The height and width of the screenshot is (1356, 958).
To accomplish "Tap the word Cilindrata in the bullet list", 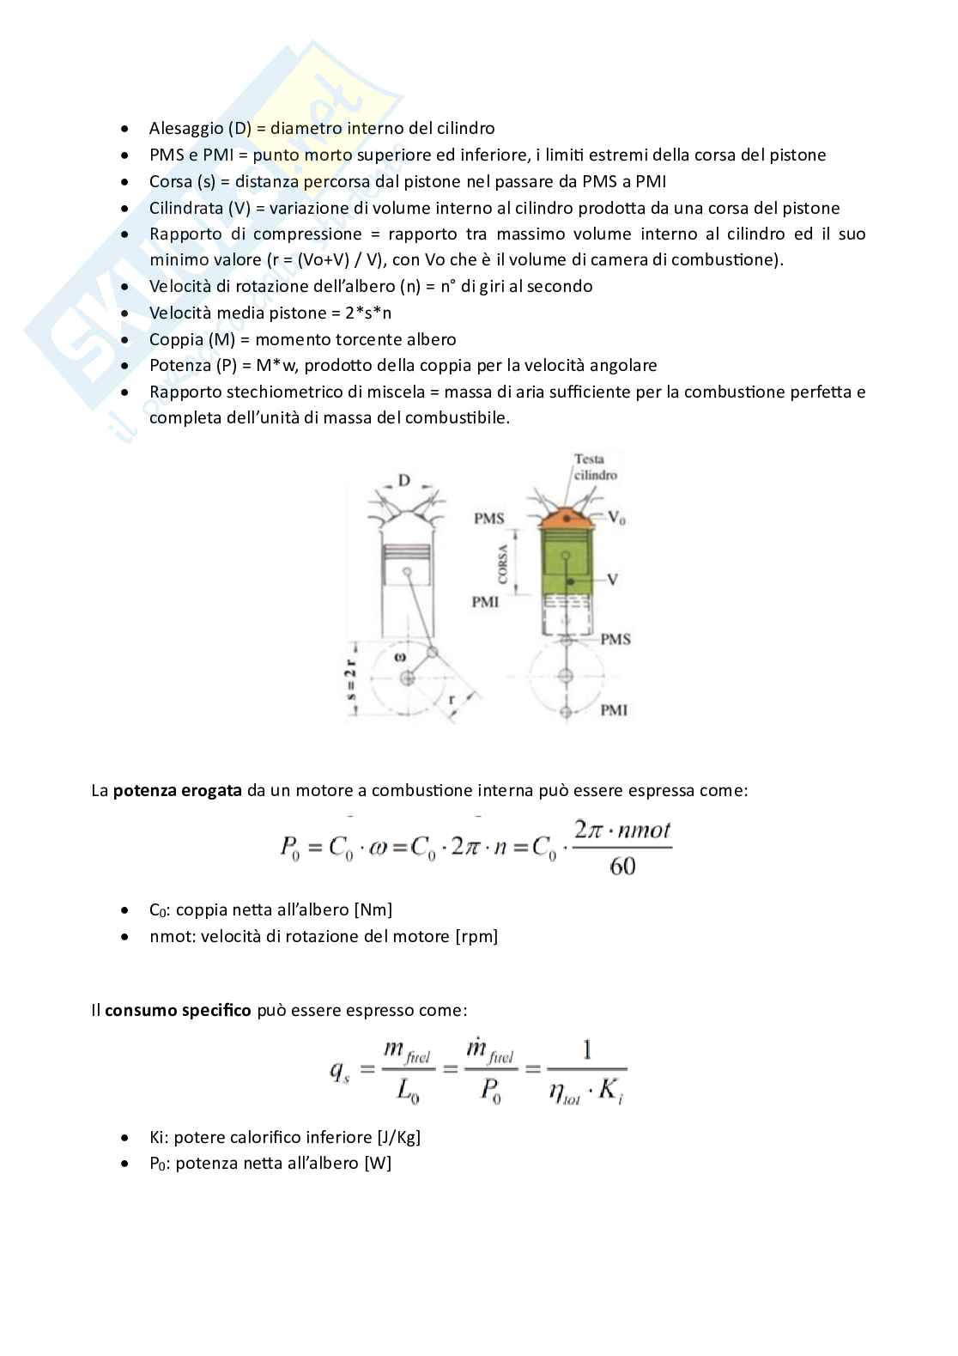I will point(185,208).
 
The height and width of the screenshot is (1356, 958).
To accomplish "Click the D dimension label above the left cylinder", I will point(403,481).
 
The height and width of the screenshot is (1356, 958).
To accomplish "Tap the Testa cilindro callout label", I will point(595,466).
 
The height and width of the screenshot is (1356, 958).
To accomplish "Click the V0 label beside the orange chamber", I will point(616,517).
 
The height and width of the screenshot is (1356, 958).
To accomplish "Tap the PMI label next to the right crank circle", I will point(613,710).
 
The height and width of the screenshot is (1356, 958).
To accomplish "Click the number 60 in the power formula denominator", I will point(622,866).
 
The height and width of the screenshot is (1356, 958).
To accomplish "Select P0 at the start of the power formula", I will point(290,848).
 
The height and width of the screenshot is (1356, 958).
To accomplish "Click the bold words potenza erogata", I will point(177,790).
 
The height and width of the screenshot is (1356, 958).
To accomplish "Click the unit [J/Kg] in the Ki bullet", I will point(398,1137).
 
